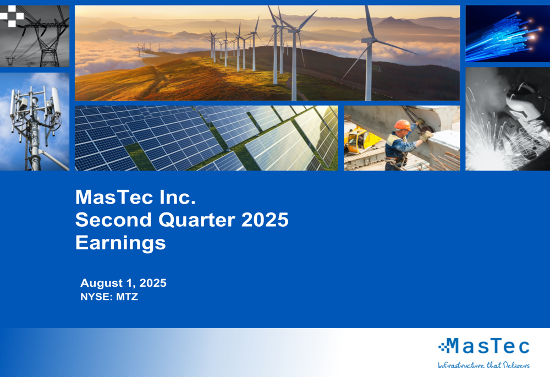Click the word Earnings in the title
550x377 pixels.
(120, 243)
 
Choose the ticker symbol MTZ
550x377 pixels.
(127, 297)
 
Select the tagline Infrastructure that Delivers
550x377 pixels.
(483, 365)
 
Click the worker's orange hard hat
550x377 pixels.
(402, 125)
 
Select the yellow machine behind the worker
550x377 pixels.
(359, 139)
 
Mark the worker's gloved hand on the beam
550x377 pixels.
(426, 135)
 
